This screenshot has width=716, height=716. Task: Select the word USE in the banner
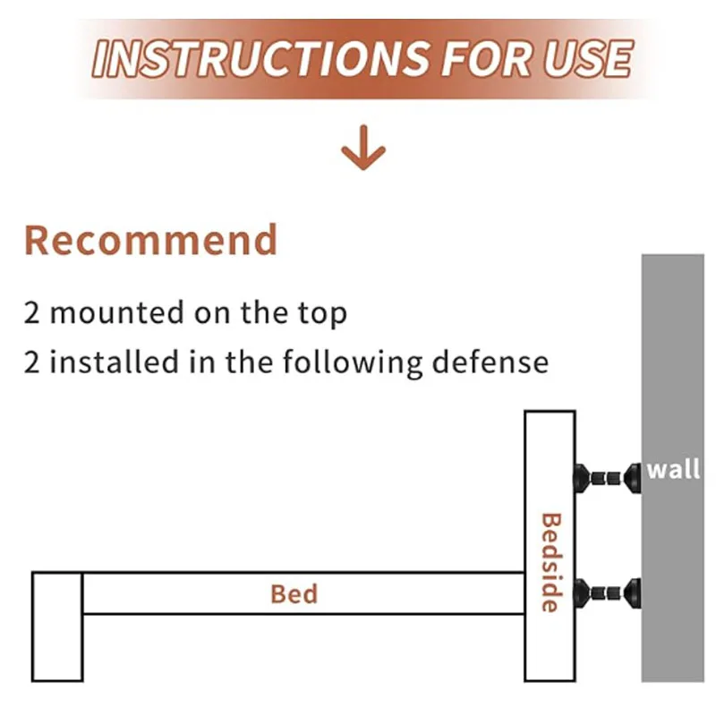click(x=588, y=58)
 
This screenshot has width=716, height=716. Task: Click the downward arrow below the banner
click(x=363, y=148)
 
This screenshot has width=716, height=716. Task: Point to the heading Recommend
click(x=150, y=240)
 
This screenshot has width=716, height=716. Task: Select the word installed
click(x=114, y=362)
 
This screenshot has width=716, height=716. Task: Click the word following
click(x=353, y=363)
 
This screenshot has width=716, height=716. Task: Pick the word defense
click(x=490, y=362)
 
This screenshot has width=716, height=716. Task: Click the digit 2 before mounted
click(x=32, y=313)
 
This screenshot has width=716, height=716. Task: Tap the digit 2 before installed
click(x=32, y=362)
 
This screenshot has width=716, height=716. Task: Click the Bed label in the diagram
click(x=294, y=594)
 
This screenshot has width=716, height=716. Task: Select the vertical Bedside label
click(x=551, y=563)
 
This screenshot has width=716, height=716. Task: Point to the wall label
click(x=673, y=469)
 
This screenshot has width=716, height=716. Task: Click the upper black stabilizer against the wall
click(x=608, y=479)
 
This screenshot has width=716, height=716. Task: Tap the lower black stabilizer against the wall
click(x=608, y=593)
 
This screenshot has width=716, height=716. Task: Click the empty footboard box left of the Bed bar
click(x=57, y=626)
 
